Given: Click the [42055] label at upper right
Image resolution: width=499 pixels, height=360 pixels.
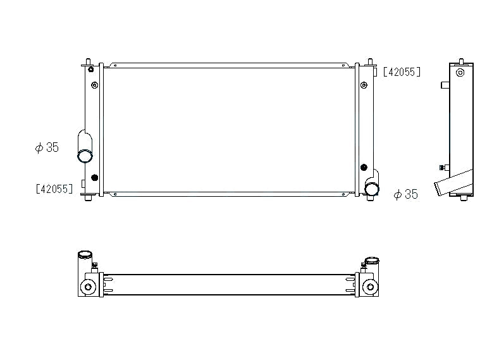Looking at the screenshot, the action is coord(402,72).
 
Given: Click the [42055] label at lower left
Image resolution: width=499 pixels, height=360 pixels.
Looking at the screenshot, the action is coord(54,189).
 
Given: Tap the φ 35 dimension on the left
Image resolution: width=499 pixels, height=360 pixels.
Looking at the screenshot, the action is coord(47,147).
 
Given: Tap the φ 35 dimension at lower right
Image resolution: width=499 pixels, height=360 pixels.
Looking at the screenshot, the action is coord(406,194).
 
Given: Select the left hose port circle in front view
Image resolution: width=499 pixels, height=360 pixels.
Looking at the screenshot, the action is coord(85,156).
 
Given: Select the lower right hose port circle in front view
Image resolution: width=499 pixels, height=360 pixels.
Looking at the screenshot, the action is coord(371,189).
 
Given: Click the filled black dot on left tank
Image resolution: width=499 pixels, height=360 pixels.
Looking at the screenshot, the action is coord(94,178).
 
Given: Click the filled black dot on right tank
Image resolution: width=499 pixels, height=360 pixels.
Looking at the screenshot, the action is coord(364,167).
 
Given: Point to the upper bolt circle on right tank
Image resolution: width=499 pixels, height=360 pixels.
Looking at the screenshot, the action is coord(364,85).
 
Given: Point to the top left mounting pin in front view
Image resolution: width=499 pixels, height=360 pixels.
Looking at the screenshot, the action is coord(88,61).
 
